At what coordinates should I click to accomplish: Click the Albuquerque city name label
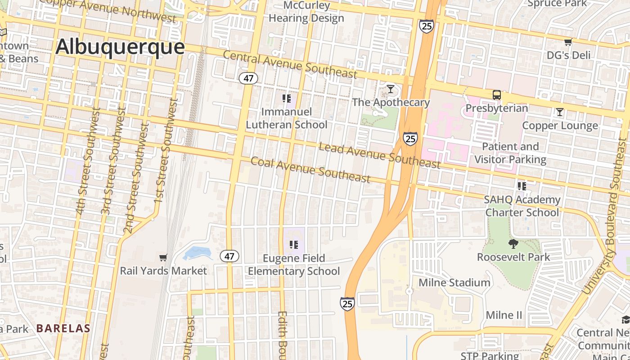point(120,47)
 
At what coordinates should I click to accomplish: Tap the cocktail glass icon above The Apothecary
point(391,89)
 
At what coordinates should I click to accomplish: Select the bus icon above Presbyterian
point(497,95)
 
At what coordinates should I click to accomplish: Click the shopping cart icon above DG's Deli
point(568,42)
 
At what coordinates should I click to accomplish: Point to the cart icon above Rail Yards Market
point(163,257)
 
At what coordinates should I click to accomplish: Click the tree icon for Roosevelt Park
point(513,244)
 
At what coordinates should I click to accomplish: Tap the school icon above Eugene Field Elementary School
point(294,245)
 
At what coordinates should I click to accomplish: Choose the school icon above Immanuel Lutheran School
point(287,98)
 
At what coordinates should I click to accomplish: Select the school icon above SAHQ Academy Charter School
point(522,186)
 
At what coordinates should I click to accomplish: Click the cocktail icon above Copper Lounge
point(560,112)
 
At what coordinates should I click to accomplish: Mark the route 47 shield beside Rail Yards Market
point(229,256)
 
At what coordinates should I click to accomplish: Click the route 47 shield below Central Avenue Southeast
point(248,78)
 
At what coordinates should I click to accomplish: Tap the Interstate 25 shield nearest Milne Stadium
point(347,304)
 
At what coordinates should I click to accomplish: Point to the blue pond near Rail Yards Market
point(197,253)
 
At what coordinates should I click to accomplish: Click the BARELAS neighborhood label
point(63,328)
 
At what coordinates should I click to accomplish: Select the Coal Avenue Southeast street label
point(310,170)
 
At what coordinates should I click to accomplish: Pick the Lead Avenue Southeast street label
point(379,155)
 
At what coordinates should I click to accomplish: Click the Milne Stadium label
point(454,283)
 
